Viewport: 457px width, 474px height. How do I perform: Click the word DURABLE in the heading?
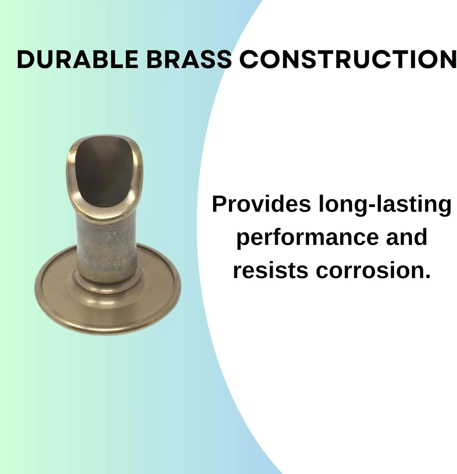[77, 59]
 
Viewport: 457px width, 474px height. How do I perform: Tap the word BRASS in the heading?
[189, 59]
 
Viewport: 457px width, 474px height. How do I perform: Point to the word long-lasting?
[385, 204]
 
